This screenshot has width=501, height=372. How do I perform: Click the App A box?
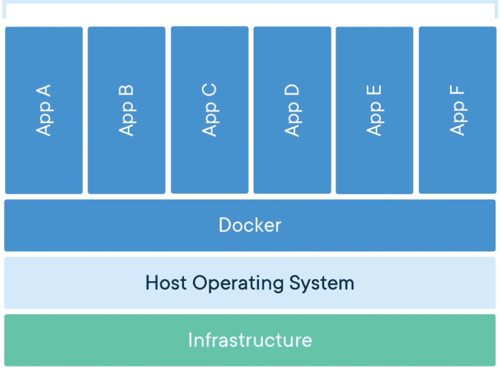[44, 110]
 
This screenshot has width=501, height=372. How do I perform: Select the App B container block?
[127, 110]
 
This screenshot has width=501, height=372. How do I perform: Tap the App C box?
[210, 110]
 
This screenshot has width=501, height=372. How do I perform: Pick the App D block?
[292, 110]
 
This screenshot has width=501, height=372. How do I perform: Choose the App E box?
[374, 110]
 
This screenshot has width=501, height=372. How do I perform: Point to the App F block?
[458, 110]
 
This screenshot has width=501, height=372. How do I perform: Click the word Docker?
[250, 225]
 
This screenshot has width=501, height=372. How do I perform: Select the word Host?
[166, 283]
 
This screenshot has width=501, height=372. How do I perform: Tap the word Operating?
[238, 284]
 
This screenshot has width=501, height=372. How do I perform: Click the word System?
[322, 284]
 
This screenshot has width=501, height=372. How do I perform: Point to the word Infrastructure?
[250, 340]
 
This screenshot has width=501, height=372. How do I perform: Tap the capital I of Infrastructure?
[190, 340]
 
